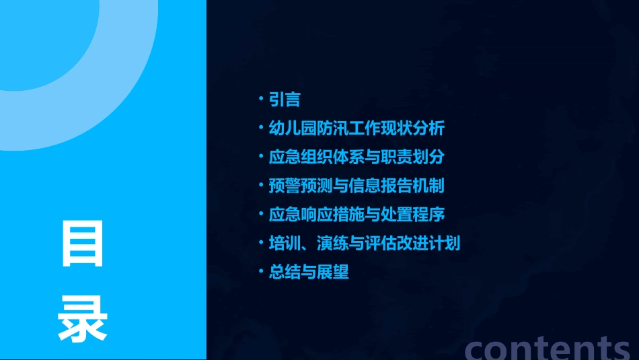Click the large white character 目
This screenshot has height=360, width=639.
83,244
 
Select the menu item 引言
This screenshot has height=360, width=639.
285,100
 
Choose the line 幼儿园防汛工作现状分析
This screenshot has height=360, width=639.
356,129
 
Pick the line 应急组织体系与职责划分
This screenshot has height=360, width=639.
356,157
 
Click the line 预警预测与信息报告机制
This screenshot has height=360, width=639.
356,186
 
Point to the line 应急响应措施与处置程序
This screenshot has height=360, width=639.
356,215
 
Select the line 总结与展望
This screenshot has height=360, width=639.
309,273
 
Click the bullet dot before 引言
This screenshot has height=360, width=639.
261,100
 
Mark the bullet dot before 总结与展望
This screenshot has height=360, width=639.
261,273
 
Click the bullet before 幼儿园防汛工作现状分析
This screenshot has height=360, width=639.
261,129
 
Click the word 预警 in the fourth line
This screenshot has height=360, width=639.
285,186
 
